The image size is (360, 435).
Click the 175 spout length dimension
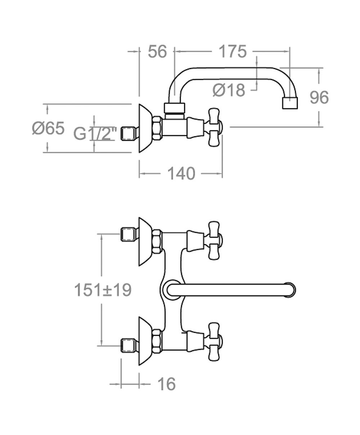click(233, 51)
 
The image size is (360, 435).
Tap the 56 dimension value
click(157, 51)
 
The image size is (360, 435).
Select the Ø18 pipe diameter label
click(229, 90)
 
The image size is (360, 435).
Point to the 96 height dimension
click(319, 98)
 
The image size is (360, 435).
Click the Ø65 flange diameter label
click(48, 128)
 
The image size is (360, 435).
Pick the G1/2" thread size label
click(95, 134)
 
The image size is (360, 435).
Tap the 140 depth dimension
click(181, 173)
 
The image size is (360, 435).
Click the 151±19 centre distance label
click(103, 290)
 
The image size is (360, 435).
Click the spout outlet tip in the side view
click(290, 103)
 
